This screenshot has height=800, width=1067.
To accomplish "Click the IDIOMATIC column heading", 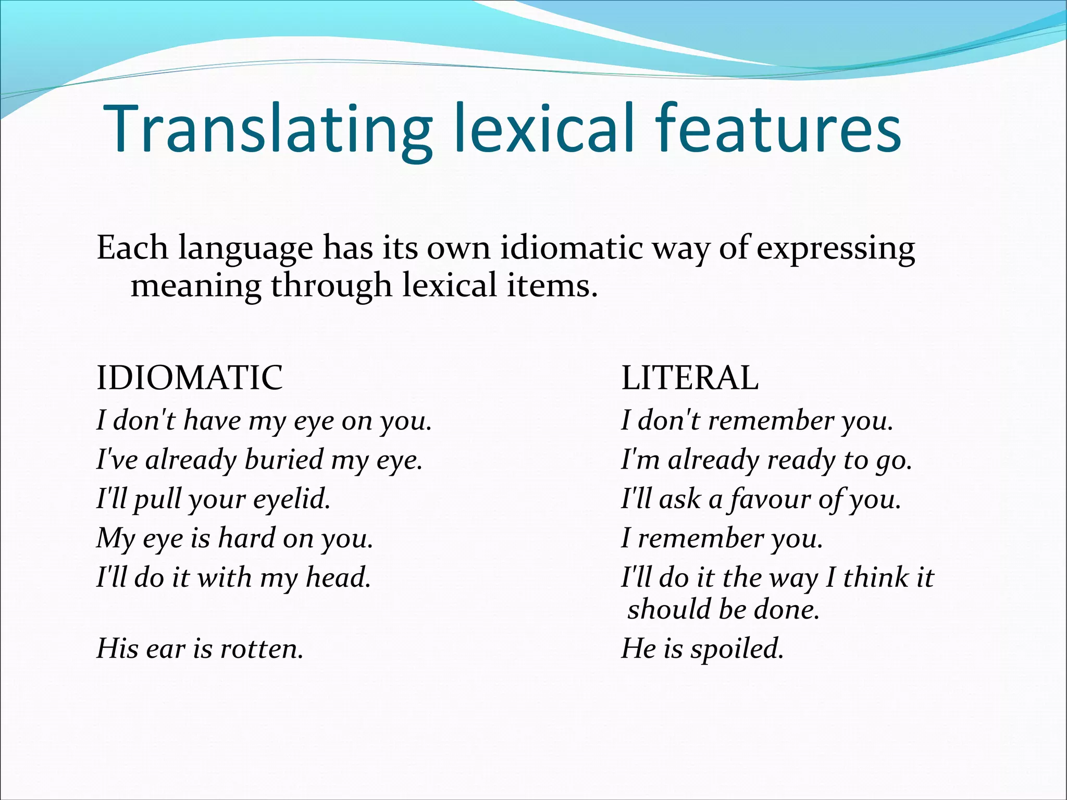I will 190,378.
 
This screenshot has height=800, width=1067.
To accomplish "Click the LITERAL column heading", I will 690,378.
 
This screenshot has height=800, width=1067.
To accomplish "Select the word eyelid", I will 292,499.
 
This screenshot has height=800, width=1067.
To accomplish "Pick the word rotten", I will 262,649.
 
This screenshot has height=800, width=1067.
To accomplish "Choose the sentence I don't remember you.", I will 757,421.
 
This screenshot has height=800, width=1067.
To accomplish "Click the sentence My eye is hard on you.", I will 235,538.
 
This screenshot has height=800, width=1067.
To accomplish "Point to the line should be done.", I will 723,609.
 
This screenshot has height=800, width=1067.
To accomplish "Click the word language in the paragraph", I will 245,249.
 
